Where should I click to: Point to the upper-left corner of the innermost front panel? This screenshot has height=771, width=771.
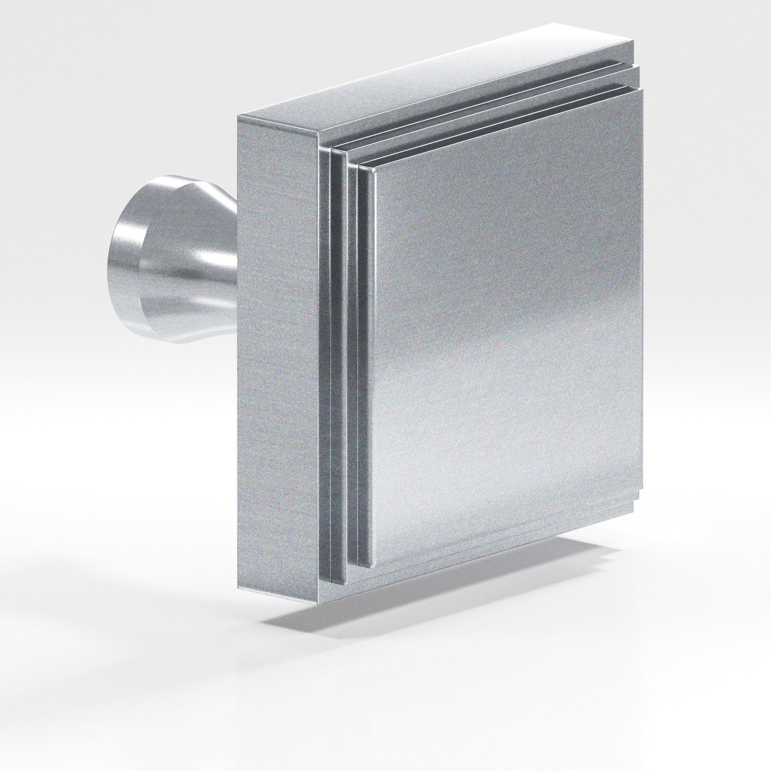tap(374, 170)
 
